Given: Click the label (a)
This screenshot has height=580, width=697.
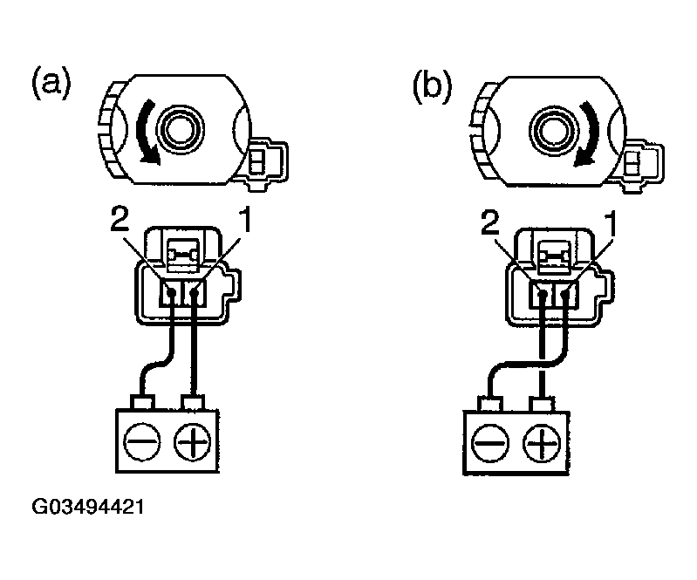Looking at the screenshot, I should (50, 85).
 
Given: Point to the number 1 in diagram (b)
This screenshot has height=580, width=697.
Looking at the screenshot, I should (614, 224).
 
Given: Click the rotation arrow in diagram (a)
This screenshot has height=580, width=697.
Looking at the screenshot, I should (142, 133).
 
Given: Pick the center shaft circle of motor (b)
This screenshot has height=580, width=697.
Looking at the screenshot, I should (554, 130).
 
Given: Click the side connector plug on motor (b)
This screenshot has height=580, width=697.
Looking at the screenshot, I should (640, 160).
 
